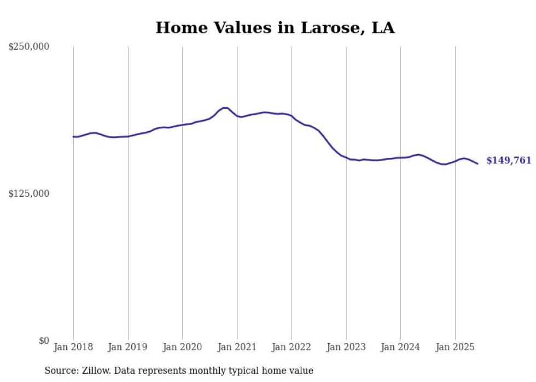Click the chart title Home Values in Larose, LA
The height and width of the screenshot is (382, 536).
pyautogui.click(x=275, y=27)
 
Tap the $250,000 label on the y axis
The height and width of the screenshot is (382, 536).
pyautogui.click(x=29, y=47)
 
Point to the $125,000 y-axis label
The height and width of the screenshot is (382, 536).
pyautogui.click(x=29, y=193)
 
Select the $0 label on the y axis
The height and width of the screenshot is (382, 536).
pyautogui.click(x=44, y=340)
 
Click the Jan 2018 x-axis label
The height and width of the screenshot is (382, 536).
pyautogui.click(x=73, y=347)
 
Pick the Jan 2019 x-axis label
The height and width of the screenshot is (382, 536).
pyautogui.click(x=128, y=347)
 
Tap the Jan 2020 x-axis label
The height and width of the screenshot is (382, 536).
pyautogui.click(x=183, y=347)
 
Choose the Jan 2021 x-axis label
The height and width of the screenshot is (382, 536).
pyautogui.click(x=237, y=347)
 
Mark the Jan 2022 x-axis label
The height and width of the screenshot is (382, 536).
pyautogui.click(x=292, y=347)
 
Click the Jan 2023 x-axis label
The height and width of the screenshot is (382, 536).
pyautogui.click(x=346, y=347)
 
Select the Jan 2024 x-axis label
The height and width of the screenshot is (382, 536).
pyautogui.click(x=400, y=347)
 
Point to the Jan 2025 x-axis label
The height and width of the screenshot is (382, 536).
pyautogui.click(x=455, y=347)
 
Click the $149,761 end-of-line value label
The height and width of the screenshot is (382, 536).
pyautogui.click(x=509, y=161)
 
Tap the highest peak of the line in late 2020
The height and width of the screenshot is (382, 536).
pyautogui.click(x=224, y=108)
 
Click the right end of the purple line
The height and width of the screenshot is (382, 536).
pyautogui.click(x=477, y=163)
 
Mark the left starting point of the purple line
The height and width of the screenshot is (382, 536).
pyautogui.click(x=73, y=137)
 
